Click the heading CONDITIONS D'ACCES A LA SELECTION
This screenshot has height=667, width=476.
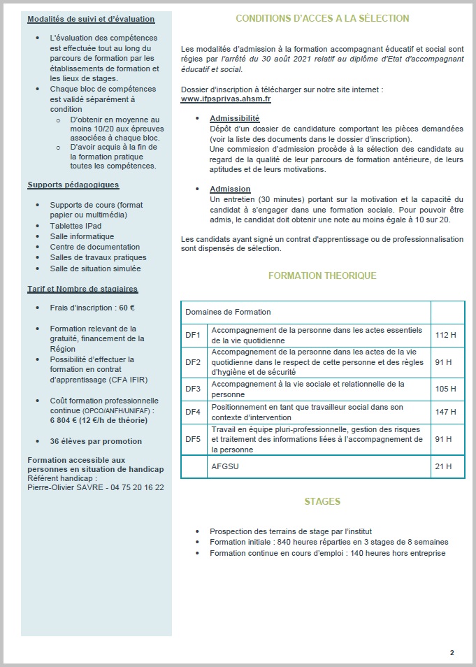[322, 18]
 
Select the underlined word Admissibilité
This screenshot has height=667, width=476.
[234, 119]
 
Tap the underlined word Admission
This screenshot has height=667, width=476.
[230, 189]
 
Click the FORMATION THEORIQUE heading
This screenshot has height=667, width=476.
[322, 275]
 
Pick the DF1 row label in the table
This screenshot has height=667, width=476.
[193, 335]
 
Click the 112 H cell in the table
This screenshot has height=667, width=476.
[445, 335]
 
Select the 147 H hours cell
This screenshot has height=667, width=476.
[445, 412]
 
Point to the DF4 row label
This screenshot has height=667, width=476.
[193, 412]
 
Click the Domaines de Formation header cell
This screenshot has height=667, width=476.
[227, 312]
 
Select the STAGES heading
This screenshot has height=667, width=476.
[322, 502]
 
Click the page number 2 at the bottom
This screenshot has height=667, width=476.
[452, 652]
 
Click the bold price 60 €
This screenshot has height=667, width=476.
[127, 307]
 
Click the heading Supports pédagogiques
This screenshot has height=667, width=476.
[73, 185]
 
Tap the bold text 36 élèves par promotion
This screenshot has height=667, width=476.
[96, 441]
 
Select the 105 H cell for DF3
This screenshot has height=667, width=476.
[445, 388]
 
